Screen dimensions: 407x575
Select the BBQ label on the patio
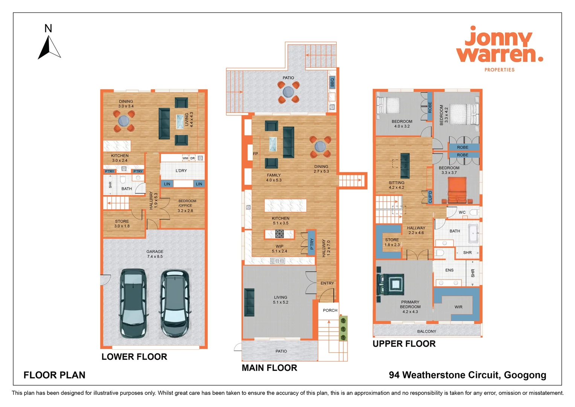pos(332,82)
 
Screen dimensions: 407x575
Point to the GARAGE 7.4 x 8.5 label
pos(155,254)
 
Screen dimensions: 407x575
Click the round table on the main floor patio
pos(288,92)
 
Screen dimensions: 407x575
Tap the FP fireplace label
pos(256,154)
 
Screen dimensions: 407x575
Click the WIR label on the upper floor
pos(458,307)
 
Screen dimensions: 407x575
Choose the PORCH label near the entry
pos(330,311)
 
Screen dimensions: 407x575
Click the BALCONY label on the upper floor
pos(426,332)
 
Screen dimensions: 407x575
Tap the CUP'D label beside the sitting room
pos(430,197)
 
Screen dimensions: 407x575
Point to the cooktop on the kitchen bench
pos(279,234)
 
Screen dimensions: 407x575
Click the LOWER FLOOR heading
pos(134,357)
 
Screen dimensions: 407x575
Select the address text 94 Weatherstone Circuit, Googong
pos(467,375)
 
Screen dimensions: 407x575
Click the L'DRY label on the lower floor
pos(181,171)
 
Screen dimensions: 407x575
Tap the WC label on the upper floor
pos(462,213)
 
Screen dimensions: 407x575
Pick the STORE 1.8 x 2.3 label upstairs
pos(392,242)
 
